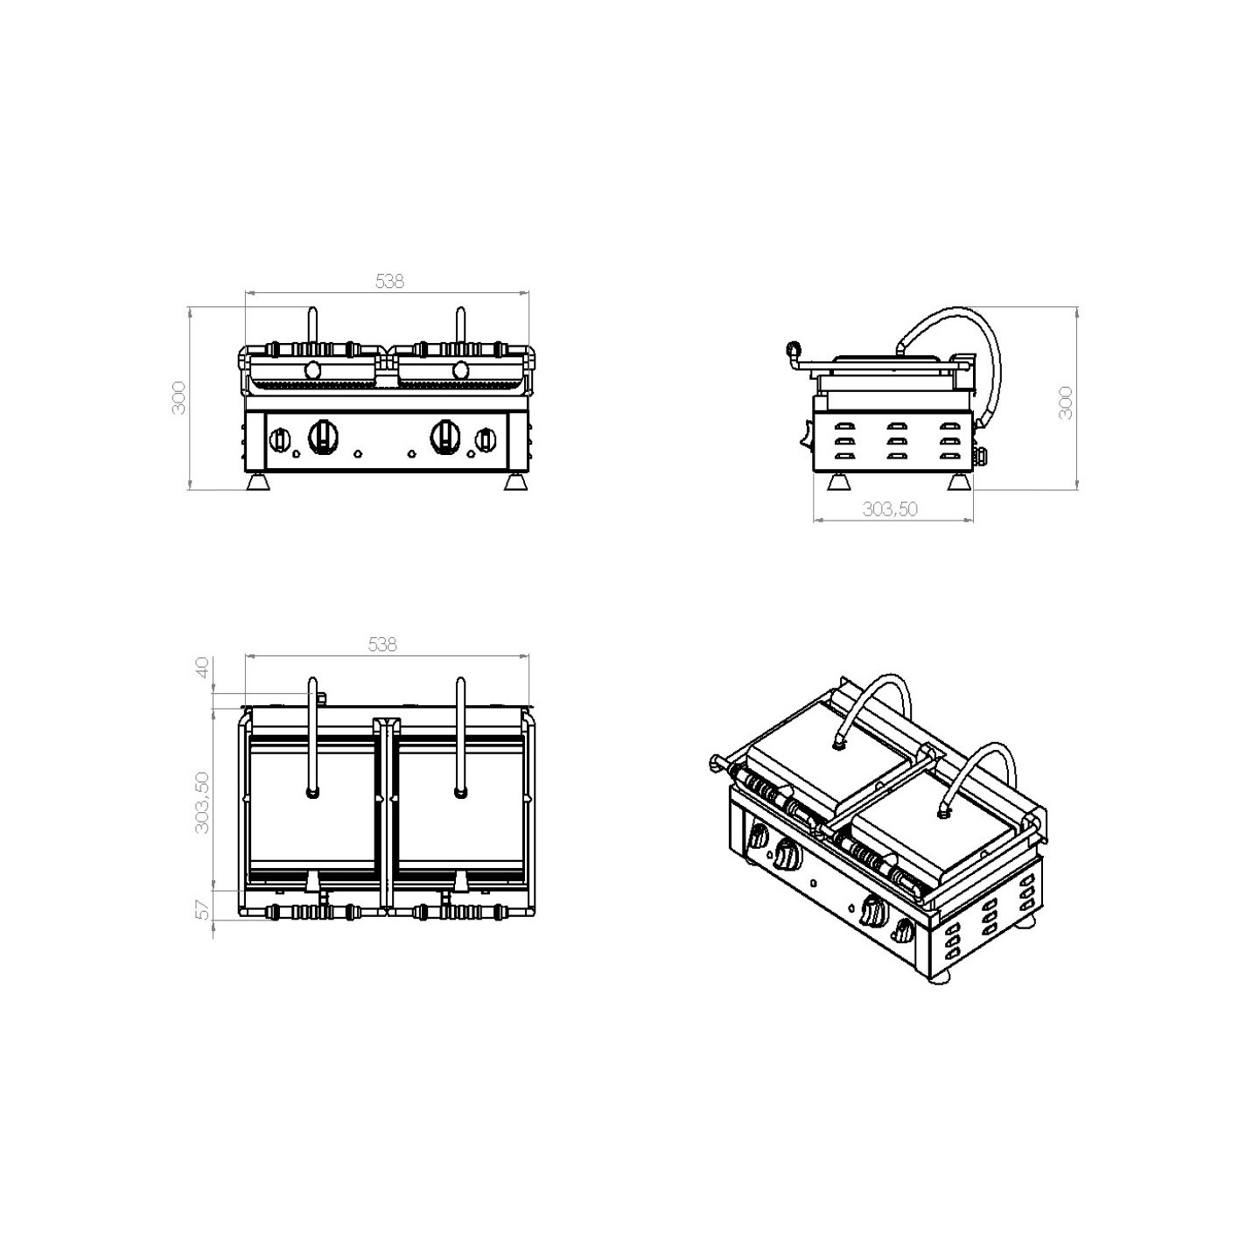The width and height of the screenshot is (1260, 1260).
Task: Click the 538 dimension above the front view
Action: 389,281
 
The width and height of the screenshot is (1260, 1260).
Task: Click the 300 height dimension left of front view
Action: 178,397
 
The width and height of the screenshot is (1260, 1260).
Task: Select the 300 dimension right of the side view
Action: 1065,403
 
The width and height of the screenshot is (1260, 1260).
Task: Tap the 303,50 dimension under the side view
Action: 890,508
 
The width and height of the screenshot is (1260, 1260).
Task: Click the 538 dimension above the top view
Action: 382,645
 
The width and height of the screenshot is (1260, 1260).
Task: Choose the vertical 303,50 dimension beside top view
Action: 202,802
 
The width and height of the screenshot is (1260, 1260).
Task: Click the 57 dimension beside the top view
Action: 203,909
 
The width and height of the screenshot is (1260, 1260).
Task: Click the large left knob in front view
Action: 321,436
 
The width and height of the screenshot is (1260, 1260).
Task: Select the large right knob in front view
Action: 444,436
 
